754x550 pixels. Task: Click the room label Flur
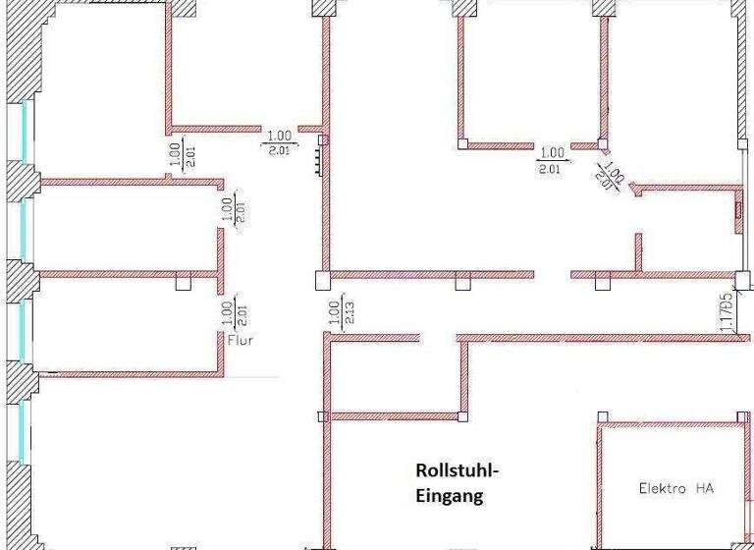(241, 342)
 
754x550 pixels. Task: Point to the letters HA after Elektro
(704, 487)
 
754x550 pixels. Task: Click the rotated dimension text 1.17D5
(727, 310)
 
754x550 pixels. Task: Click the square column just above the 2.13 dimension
(321, 281)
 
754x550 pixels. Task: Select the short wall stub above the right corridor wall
(638, 250)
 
